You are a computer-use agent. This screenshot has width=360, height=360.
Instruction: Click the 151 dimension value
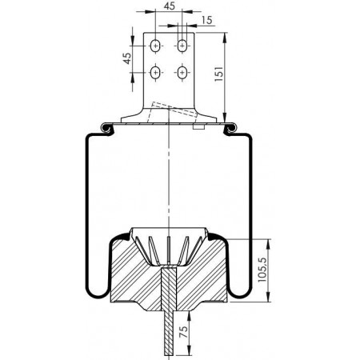218,74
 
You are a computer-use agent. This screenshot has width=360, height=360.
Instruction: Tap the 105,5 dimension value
263,270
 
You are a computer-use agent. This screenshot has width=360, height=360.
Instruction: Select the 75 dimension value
183,332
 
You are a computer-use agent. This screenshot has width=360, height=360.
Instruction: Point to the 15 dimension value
207,20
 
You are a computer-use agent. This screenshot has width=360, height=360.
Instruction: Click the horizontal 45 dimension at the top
170,6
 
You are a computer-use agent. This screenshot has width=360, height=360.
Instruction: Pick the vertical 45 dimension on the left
127,58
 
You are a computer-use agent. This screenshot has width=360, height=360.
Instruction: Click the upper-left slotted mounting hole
155,46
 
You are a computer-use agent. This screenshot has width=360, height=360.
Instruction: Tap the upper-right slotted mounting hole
182,46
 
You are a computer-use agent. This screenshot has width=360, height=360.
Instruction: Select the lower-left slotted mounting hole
155,72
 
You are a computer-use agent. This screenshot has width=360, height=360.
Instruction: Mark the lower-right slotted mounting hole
182,72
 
